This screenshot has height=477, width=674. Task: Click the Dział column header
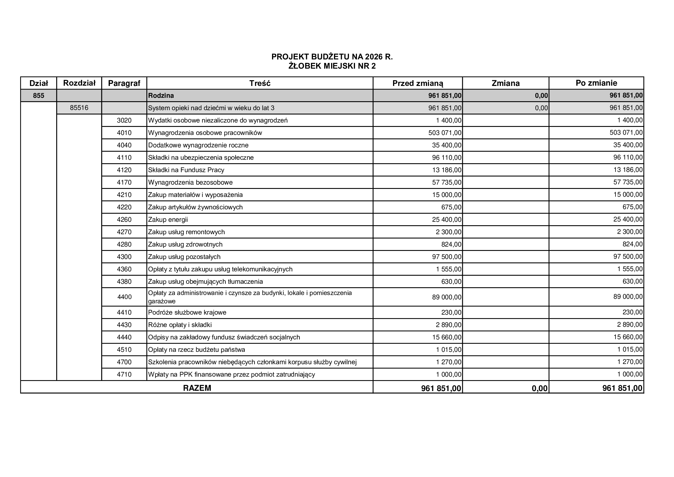[38, 83]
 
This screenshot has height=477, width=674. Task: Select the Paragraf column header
[124, 83]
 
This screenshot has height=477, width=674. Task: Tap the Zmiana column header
[505, 83]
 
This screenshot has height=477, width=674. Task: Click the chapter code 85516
[79, 108]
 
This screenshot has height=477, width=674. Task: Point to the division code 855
[38, 95]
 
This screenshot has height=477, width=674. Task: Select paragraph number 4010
[124, 133]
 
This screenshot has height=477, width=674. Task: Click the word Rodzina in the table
[161, 95]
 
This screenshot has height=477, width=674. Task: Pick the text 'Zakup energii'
[168, 220]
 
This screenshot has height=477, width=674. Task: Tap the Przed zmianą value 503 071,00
[445, 133]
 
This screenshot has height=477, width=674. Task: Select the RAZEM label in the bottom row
[197, 388]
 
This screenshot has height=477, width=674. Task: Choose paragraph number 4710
[124, 375]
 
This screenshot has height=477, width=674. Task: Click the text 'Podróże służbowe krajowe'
[187, 313]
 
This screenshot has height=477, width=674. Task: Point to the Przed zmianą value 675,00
[451, 207]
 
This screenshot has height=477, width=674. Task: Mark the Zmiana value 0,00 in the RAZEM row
[539, 388]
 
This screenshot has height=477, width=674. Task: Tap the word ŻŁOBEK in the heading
[305, 66]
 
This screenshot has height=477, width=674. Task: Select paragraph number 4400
[124, 297]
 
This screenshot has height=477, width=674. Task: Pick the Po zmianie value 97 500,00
[628, 257]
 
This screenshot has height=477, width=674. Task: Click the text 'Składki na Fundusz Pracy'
[186, 170]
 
